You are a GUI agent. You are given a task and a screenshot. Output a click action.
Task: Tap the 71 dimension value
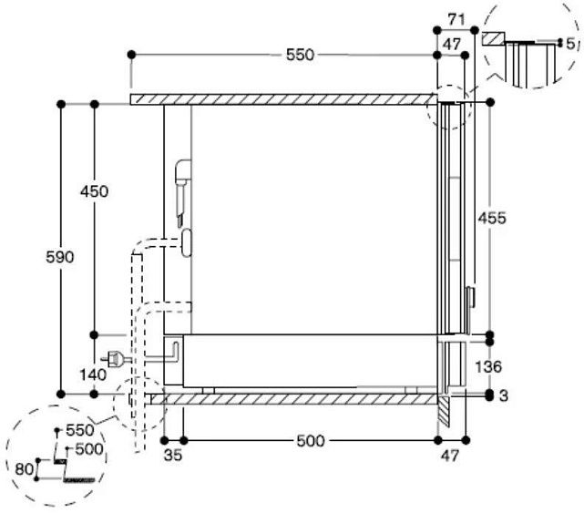457,18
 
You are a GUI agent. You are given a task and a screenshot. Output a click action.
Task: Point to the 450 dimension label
93,191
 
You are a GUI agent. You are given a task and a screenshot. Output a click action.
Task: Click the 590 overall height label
59,257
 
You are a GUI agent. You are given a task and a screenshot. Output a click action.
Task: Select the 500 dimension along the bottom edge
310,442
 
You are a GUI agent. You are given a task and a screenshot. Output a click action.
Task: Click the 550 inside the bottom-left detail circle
79,430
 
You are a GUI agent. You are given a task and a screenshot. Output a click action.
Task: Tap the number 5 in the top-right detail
569,44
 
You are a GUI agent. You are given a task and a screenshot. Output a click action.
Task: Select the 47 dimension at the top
452,43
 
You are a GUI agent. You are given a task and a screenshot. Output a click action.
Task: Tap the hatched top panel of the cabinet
282,98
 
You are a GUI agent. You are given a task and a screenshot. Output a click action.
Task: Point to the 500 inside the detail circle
89,448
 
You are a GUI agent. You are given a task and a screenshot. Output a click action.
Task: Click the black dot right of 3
490,395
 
